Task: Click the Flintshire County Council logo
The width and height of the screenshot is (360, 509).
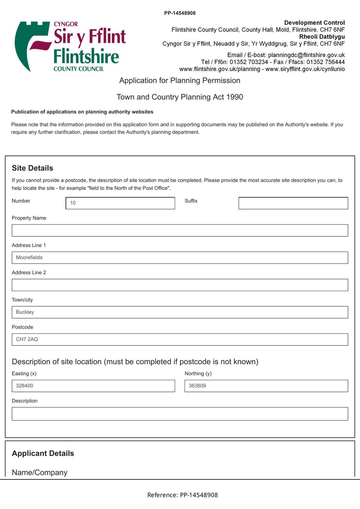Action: point(70,46)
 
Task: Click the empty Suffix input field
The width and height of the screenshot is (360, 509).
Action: point(293,203)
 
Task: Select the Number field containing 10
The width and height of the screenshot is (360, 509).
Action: point(120,203)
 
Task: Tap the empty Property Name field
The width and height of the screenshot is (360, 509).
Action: point(180,230)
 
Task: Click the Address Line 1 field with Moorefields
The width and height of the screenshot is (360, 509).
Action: point(180,258)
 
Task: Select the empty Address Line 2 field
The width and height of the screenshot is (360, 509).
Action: point(180,285)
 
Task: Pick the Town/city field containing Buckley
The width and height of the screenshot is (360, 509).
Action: point(180,312)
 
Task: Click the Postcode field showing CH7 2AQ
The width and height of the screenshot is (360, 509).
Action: point(180,339)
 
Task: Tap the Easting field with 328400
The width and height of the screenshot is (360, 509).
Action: point(93,386)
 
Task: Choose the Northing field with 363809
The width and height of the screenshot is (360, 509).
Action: point(266,386)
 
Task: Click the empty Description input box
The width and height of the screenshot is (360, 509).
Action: point(180,414)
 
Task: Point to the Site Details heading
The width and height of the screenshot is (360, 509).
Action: point(32,168)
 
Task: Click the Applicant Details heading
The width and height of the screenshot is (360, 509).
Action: point(43,453)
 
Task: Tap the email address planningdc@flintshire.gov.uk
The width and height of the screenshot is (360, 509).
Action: point(306,55)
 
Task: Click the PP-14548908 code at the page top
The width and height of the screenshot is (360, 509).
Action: point(180,13)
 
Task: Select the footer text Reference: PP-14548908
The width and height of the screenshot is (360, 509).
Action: point(182,495)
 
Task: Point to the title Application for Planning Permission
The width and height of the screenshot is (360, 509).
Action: point(180,80)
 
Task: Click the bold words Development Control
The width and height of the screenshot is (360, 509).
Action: point(314,23)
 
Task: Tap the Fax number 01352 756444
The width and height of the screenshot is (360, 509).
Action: point(325,62)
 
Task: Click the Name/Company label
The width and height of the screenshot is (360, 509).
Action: point(39,472)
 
